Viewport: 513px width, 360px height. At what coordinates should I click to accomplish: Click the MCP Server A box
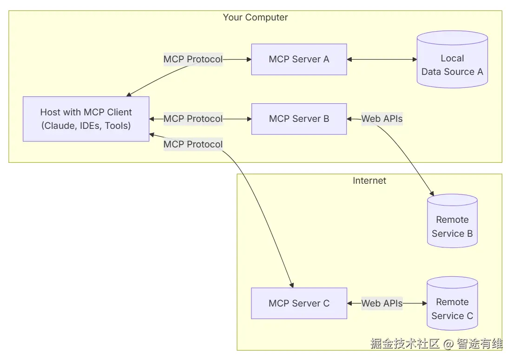coord(299,60)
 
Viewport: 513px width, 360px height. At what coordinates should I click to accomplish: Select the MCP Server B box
coord(299,119)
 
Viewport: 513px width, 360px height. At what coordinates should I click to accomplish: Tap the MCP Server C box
coord(299,303)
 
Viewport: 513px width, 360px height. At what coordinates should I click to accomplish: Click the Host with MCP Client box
coord(86,119)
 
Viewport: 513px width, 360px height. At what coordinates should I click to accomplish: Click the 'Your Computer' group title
coord(255,18)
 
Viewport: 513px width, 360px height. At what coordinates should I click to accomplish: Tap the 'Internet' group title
coord(369,180)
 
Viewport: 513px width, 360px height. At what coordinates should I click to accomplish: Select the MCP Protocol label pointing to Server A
coord(193,60)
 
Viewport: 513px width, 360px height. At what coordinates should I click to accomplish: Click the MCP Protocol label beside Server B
coord(193,119)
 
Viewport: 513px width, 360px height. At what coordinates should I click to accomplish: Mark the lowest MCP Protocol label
coord(193,145)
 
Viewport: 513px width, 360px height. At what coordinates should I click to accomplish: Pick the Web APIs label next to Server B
coord(382,119)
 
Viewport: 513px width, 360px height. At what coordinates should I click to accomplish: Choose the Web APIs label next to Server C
coord(382,303)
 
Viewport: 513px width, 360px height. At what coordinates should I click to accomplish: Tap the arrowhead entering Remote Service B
coord(432,193)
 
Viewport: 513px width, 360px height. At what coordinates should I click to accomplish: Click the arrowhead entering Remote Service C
coord(424,303)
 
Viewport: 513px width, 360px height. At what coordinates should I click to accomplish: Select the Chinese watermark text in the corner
coord(436,344)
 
